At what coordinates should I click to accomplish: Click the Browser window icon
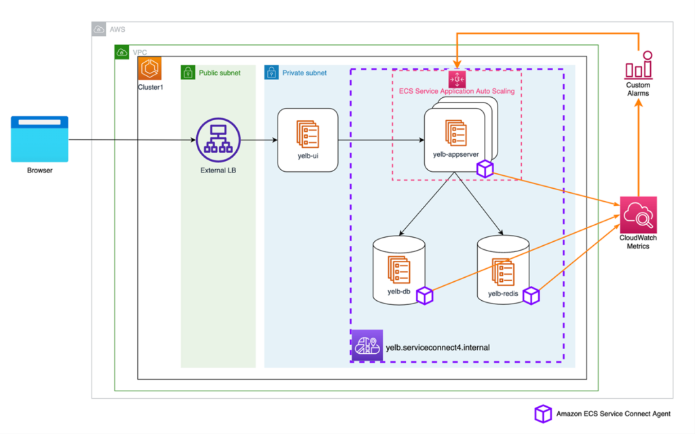(x=39, y=139)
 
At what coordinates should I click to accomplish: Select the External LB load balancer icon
(x=218, y=140)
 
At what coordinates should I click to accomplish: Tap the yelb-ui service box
(x=307, y=140)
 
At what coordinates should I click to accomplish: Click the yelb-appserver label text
(x=455, y=154)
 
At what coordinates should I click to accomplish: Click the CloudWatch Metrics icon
(x=638, y=215)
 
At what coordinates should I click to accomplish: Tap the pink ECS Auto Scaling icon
(x=457, y=79)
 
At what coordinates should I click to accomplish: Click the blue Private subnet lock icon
(x=271, y=73)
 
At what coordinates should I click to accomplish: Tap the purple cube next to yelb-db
(x=425, y=295)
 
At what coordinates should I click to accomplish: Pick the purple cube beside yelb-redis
(x=531, y=295)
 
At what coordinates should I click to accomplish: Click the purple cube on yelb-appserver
(x=485, y=169)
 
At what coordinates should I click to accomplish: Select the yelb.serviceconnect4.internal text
(x=437, y=347)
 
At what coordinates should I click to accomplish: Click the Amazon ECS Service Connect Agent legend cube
(x=543, y=414)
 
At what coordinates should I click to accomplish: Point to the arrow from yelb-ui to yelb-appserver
(x=380, y=141)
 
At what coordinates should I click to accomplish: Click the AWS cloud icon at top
(x=99, y=30)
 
